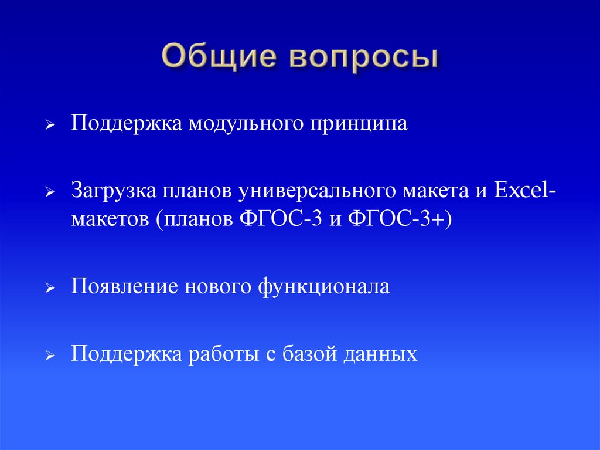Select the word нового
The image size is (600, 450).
coord(218,287)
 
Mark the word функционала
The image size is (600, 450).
coord(323,287)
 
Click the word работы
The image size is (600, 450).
coord(220,354)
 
